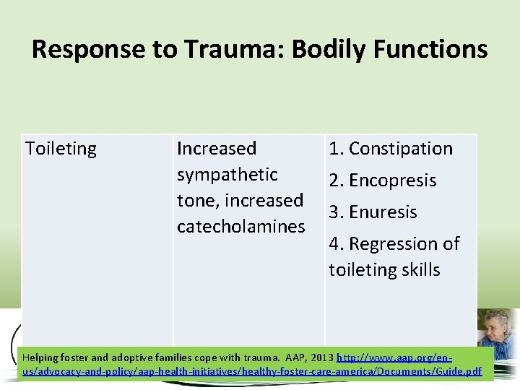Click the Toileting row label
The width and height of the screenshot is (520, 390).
coord(61,149)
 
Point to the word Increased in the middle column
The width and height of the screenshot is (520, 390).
coord(217,149)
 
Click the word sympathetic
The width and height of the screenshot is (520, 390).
coord(227,175)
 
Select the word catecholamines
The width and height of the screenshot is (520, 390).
coord(241,227)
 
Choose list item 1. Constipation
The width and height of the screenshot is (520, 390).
coord(391,149)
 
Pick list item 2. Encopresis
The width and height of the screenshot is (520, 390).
coord(383,181)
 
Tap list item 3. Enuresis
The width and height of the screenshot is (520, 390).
coord(373,212)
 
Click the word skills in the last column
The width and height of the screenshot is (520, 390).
coord(417,270)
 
